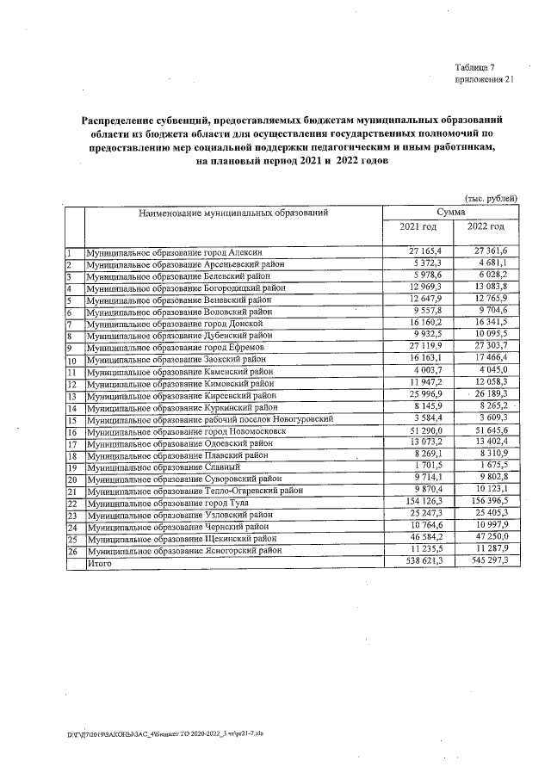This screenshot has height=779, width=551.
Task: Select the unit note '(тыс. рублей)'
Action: (x=490, y=198)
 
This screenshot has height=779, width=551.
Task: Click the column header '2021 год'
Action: (x=418, y=226)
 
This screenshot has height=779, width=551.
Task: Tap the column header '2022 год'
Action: (x=486, y=226)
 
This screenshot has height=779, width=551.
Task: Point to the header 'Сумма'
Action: (x=451, y=211)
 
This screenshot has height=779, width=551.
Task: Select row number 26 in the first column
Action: (x=72, y=550)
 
